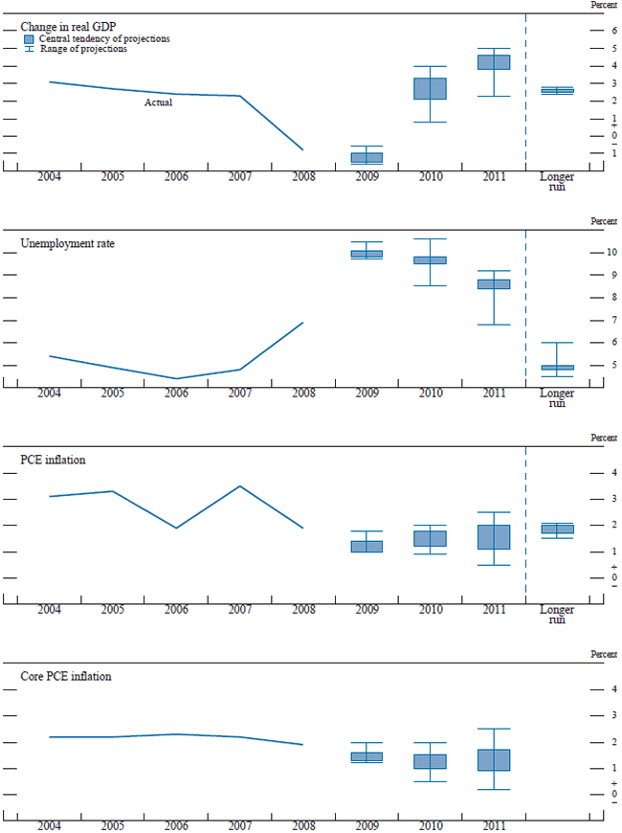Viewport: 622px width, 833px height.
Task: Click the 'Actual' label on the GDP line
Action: click(x=158, y=102)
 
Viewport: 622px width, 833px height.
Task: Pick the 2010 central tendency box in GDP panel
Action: click(x=430, y=88)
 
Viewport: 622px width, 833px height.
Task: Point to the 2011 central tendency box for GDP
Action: click(x=494, y=62)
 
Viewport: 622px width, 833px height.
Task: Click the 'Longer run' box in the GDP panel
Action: click(x=557, y=91)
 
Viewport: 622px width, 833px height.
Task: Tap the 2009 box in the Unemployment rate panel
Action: click(x=367, y=254)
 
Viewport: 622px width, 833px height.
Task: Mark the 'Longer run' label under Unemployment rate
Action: click(x=557, y=398)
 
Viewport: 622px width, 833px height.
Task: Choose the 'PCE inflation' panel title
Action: click(x=53, y=460)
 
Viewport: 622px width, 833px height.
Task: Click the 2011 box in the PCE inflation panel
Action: click(x=494, y=536)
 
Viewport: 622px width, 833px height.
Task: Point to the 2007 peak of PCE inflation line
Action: click(x=239, y=486)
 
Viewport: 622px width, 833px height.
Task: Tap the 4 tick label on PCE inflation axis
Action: click(x=613, y=473)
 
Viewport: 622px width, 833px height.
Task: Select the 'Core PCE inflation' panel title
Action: click(x=66, y=676)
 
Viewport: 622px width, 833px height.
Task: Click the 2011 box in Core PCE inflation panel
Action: click(x=494, y=760)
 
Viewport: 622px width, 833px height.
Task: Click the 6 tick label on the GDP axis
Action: click(x=613, y=31)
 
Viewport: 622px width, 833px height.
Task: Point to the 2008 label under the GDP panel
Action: click(x=302, y=178)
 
